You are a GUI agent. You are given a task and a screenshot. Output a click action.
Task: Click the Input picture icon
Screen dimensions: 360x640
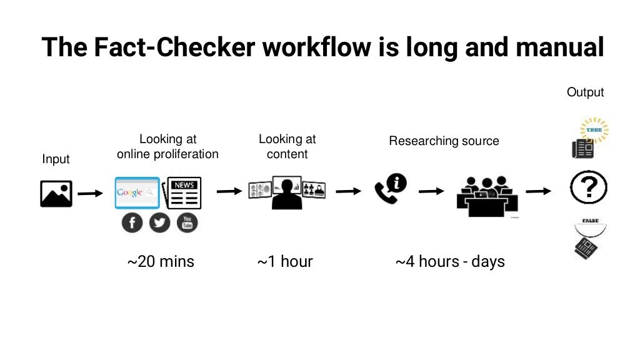pyautogui.click(x=56, y=193)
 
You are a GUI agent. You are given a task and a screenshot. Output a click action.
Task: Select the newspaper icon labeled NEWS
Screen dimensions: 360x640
pyautogui.click(x=181, y=192)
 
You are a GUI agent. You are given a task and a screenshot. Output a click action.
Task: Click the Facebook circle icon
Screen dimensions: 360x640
pyautogui.click(x=132, y=222)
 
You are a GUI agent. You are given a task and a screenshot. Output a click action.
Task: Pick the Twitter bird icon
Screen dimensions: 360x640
pyautogui.click(x=159, y=222)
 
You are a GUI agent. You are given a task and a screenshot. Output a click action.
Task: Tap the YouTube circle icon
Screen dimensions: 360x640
pyautogui.click(x=187, y=222)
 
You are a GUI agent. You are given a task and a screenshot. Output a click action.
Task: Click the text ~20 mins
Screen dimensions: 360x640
pyautogui.click(x=161, y=261)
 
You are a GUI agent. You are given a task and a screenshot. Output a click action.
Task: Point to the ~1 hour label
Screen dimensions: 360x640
pyautogui.click(x=285, y=261)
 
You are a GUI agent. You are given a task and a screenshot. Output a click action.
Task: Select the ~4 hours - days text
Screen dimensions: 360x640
pyautogui.click(x=450, y=261)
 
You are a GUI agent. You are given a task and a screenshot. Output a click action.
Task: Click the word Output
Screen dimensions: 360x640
pyautogui.click(x=586, y=92)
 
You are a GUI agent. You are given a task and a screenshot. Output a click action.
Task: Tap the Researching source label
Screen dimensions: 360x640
pyautogui.click(x=444, y=141)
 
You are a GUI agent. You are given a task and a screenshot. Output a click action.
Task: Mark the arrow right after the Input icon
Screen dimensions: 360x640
pyautogui.click(x=90, y=193)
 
